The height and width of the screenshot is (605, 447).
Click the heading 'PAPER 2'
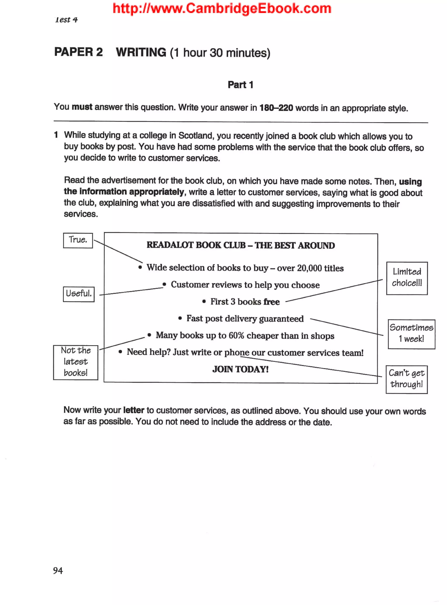[x=79, y=52]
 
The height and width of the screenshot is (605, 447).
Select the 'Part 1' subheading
[x=240, y=85]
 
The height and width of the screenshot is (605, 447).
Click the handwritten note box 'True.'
[x=78, y=240]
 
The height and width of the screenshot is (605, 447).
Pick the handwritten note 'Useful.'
[x=79, y=294]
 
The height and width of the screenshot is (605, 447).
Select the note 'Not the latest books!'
[x=76, y=362]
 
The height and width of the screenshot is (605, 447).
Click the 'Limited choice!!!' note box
[x=407, y=278]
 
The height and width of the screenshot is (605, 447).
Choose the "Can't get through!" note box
[x=406, y=379]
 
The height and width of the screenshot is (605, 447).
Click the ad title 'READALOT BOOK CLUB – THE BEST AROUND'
[x=241, y=245]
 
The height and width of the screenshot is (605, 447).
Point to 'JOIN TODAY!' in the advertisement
[x=240, y=369]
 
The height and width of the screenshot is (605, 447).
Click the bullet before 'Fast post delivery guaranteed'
[x=180, y=318]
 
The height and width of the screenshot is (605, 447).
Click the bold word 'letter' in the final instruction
[x=133, y=410]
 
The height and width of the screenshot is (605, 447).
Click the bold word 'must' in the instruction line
[x=82, y=107]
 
